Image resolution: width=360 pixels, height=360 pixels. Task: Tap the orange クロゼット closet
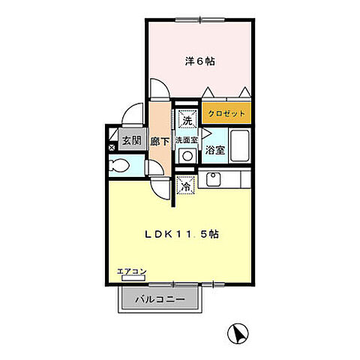pyautogui.click(x=225, y=113)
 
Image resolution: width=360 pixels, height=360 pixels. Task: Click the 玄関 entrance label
pyautogui.click(x=132, y=139)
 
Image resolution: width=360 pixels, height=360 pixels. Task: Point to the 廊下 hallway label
pyautogui.click(x=159, y=140)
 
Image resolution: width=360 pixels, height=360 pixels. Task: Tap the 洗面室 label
pyautogui.click(x=186, y=139)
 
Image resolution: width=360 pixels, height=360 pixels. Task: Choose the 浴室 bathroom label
pyautogui.click(x=215, y=150)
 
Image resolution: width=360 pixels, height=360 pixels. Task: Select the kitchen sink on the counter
pyautogui.click(x=212, y=180)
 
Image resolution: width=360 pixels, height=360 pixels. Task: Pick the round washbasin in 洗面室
pyautogui.click(x=187, y=155)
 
